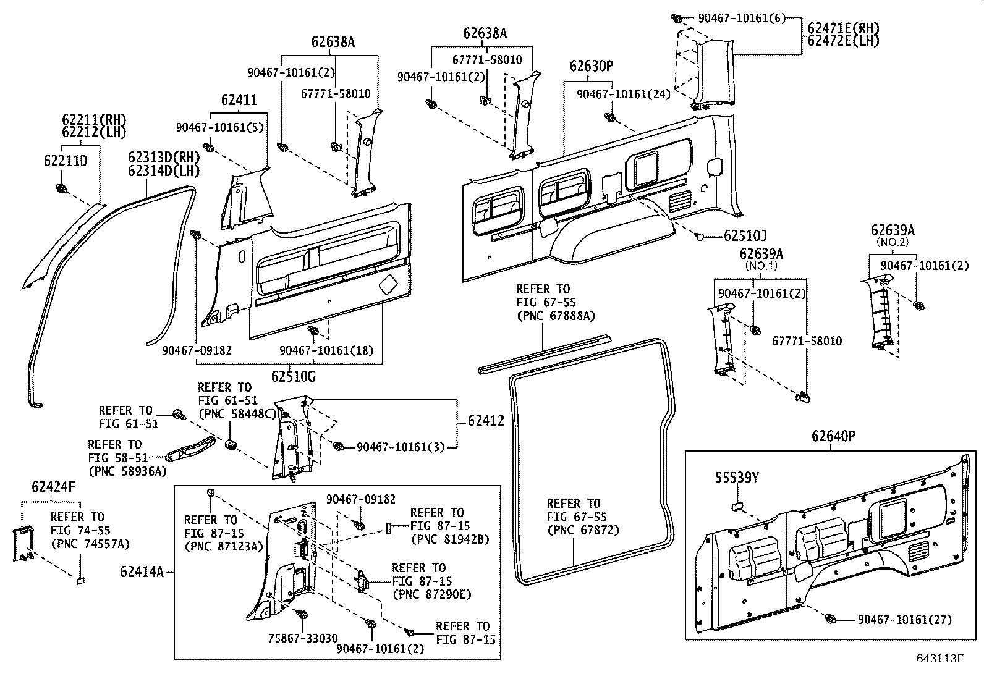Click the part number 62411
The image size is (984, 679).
tap(239, 99)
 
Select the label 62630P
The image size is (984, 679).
tap(592, 66)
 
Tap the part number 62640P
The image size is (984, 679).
tap(833, 436)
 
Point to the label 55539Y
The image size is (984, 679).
tap(737, 478)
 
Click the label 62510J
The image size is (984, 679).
tap(745, 236)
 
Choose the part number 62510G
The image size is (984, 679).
tap(293, 376)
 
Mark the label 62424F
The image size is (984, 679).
tap(54, 487)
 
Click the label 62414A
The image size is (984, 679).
tap(142, 571)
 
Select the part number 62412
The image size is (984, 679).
tap(486, 420)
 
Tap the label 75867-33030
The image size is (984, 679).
tap(303, 638)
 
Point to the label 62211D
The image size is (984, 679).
tap(66, 161)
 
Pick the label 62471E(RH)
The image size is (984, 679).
tap(844, 28)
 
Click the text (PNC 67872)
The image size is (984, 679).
tap(583, 529)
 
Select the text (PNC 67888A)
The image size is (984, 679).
tap(556, 315)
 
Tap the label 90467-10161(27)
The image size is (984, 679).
tap(905, 619)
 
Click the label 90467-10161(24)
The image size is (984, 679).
tap(624, 94)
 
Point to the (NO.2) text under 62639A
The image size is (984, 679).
tap(893, 242)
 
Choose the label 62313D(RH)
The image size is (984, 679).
tap(164, 157)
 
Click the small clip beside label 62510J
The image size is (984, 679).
tap(699, 237)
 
